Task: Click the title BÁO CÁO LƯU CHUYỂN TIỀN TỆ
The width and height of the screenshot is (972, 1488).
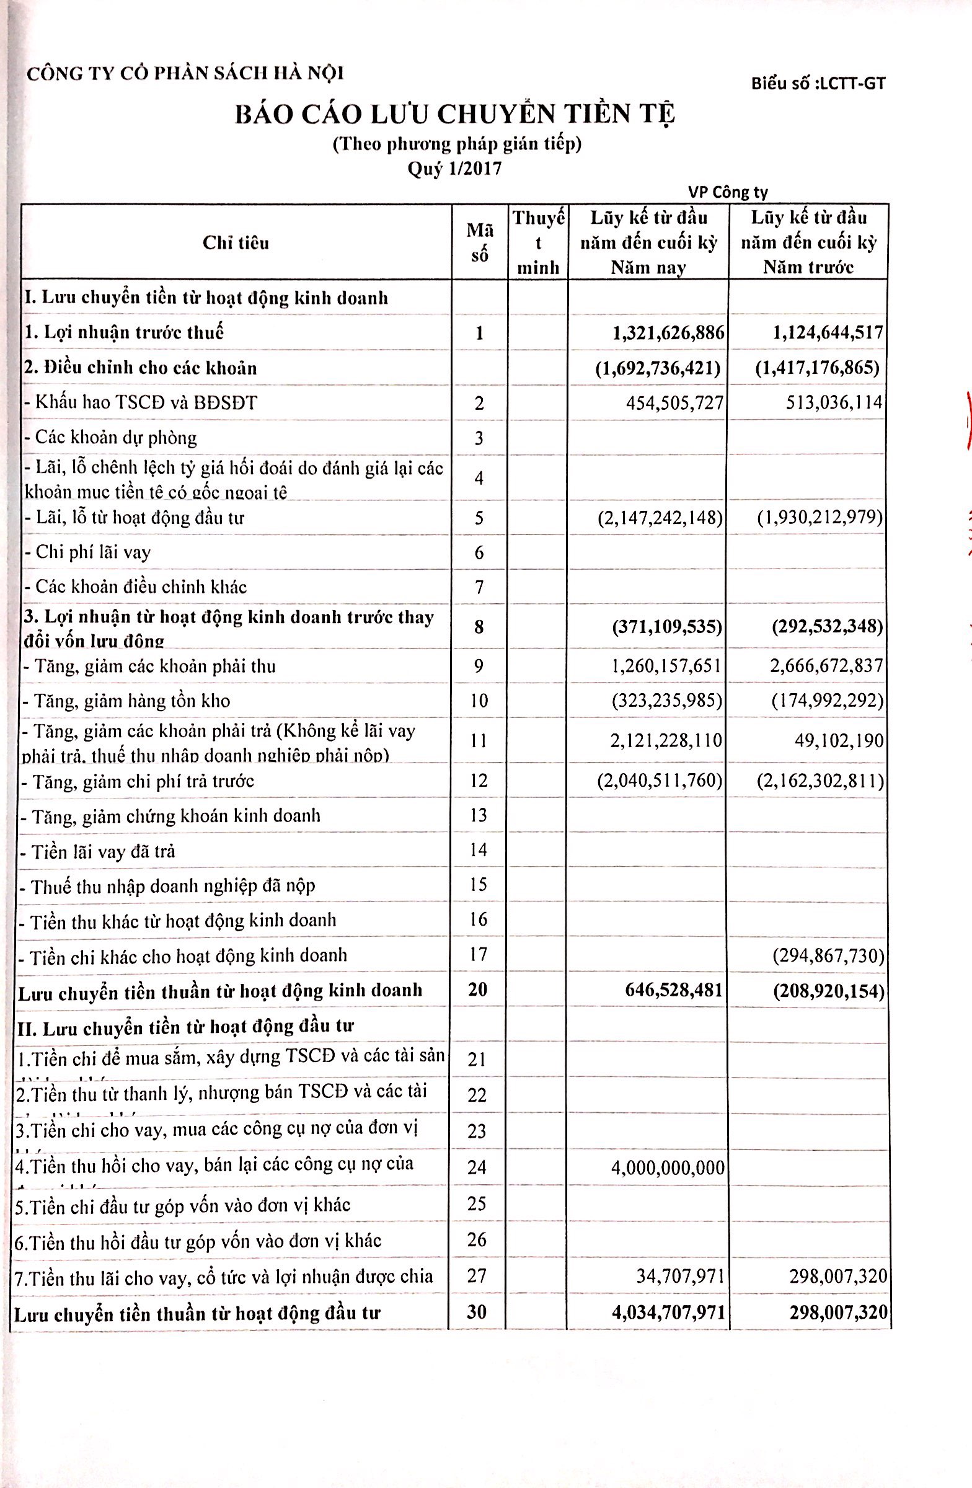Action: tap(455, 116)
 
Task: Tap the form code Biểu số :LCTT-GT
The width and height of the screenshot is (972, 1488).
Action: tap(818, 83)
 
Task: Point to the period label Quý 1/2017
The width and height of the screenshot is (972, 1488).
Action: tap(454, 169)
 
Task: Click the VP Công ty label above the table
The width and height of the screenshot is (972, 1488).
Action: tap(728, 192)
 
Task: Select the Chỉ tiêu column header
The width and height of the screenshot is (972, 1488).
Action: tap(236, 242)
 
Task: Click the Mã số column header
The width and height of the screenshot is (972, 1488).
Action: tap(479, 242)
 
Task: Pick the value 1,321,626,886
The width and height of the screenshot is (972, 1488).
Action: tap(668, 332)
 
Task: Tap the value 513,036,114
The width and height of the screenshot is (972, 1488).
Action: tap(834, 402)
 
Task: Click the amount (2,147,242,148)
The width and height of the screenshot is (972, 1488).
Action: tap(660, 517)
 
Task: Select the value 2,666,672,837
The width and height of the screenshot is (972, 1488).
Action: tap(826, 666)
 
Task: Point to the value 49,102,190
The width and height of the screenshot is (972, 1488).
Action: tap(839, 741)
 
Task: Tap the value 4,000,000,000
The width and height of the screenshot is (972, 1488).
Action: tap(668, 1167)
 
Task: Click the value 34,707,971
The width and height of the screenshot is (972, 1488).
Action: tap(680, 1275)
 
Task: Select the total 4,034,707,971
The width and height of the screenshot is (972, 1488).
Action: tap(668, 1312)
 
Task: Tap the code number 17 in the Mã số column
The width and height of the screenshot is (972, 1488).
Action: tap(478, 954)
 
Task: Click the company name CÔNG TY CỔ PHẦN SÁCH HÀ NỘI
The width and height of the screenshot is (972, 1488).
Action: tap(185, 74)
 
